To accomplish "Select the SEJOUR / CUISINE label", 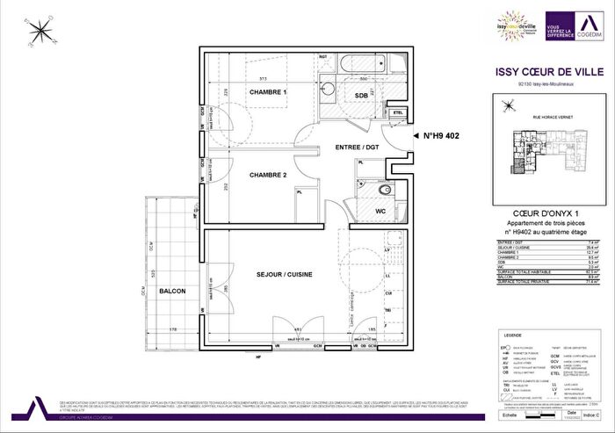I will coord(285,274).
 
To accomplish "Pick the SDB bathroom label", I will coord(360,94).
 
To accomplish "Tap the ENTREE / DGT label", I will coord(355,148).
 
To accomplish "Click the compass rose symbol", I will coord(39,33).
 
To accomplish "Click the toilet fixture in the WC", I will coord(384,193).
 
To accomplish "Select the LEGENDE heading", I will coord(512,336).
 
